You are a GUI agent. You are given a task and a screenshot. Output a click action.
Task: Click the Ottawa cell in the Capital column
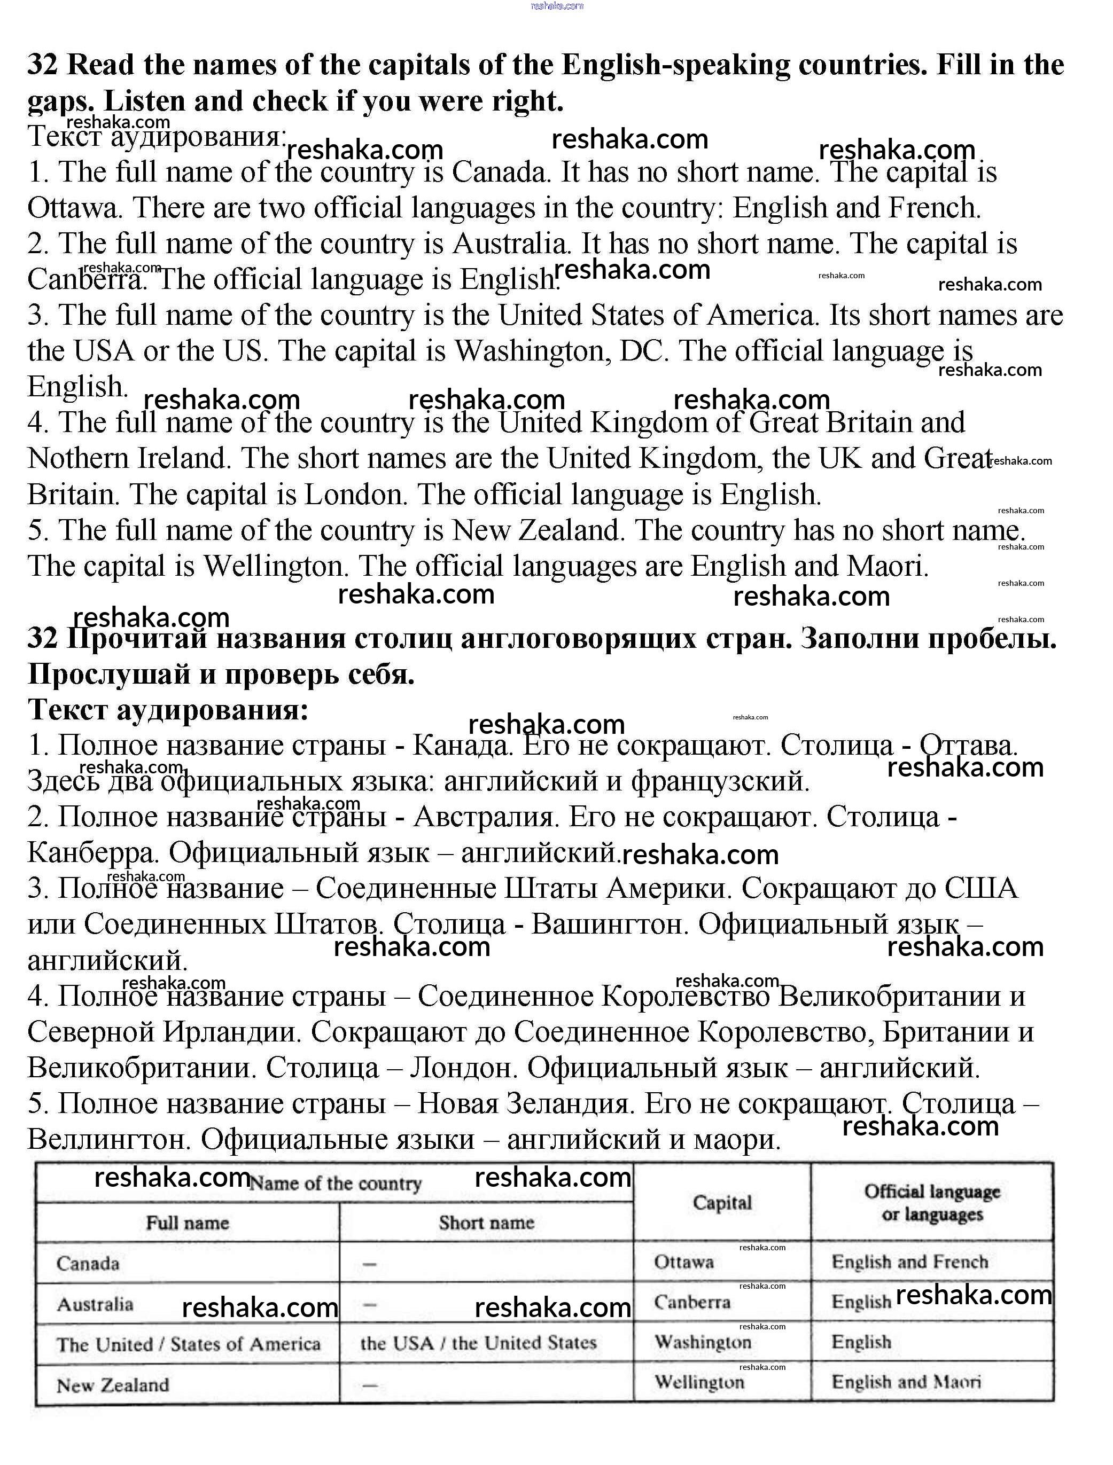(x=684, y=1262)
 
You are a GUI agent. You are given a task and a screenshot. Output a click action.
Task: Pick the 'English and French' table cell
(x=909, y=1262)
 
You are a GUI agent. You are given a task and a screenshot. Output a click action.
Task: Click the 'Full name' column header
(x=188, y=1223)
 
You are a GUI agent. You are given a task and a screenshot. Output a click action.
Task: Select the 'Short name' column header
(x=486, y=1223)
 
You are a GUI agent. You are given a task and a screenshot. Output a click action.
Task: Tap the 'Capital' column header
(x=722, y=1203)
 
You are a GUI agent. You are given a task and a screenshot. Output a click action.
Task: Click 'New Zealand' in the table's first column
(x=113, y=1385)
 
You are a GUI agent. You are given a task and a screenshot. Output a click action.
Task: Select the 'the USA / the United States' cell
(x=478, y=1343)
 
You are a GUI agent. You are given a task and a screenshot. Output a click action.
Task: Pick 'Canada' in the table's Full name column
(x=88, y=1264)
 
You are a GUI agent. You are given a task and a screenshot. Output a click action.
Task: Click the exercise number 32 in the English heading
(x=43, y=65)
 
